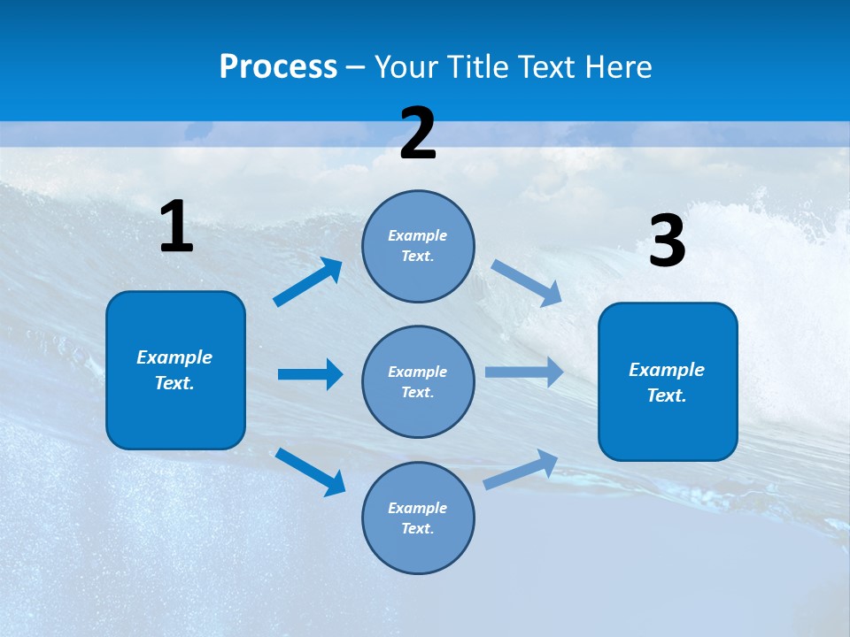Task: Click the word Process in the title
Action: click(x=278, y=67)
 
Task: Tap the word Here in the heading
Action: click(x=616, y=67)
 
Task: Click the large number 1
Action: click(x=176, y=227)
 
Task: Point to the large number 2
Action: click(x=418, y=134)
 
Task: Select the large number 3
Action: click(x=667, y=242)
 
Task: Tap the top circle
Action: click(x=418, y=246)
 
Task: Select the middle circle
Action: click(x=418, y=381)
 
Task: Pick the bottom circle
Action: click(x=418, y=518)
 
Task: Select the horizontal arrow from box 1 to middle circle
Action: click(x=310, y=374)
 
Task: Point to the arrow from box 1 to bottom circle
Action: click(x=310, y=471)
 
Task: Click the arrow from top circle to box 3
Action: click(x=526, y=282)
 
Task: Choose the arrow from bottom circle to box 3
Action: click(x=521, y=469)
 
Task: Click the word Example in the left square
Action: click(x=174, y=357)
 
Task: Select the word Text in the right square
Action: click(x=665, y=395)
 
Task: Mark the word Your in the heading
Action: click(x=405, y=67)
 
